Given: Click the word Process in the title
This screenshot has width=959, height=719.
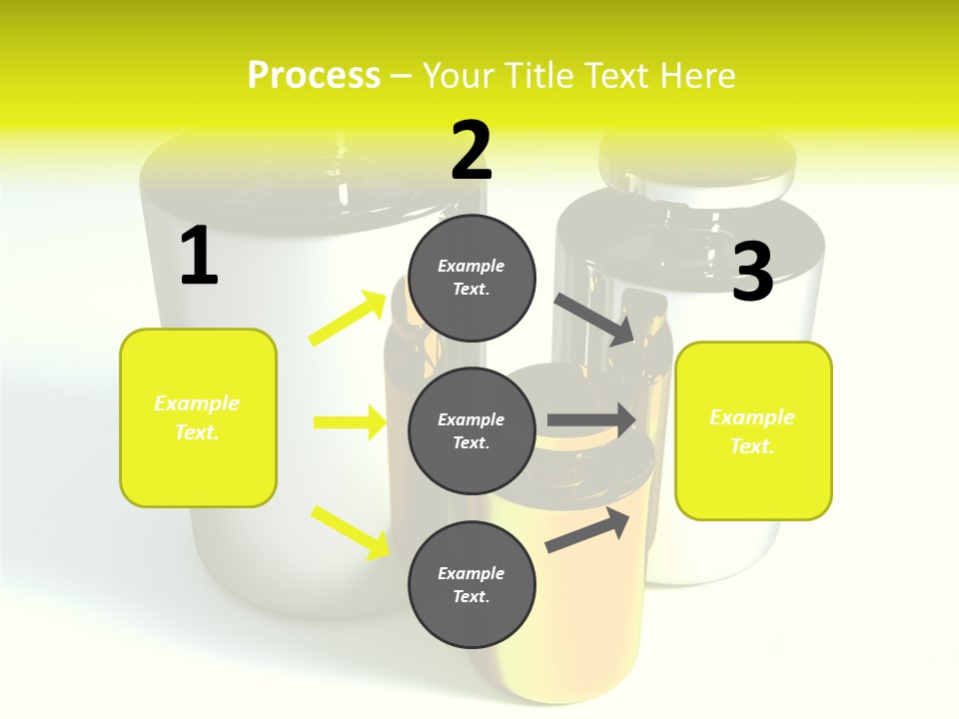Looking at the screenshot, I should tap(314, 76).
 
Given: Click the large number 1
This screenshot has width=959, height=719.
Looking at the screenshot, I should tap(199, 257).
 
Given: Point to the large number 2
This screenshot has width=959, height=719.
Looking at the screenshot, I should tap(472, 151).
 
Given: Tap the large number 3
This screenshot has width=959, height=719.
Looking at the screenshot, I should tap(753, 273).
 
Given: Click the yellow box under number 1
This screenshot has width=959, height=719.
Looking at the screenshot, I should tap(198, 417).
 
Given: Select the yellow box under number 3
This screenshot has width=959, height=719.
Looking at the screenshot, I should tap(753, 430).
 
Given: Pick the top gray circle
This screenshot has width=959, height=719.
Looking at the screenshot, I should tap(472, 278).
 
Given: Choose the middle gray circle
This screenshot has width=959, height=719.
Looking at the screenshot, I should tap(472, 430).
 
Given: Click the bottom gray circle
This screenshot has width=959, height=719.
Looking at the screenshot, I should tap(472, 584).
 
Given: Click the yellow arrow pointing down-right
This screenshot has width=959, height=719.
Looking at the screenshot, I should tap(350, 532).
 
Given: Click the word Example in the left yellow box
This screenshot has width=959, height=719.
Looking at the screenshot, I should tap(197, 403).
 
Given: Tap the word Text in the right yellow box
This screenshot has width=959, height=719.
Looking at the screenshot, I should tap(750, 446).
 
